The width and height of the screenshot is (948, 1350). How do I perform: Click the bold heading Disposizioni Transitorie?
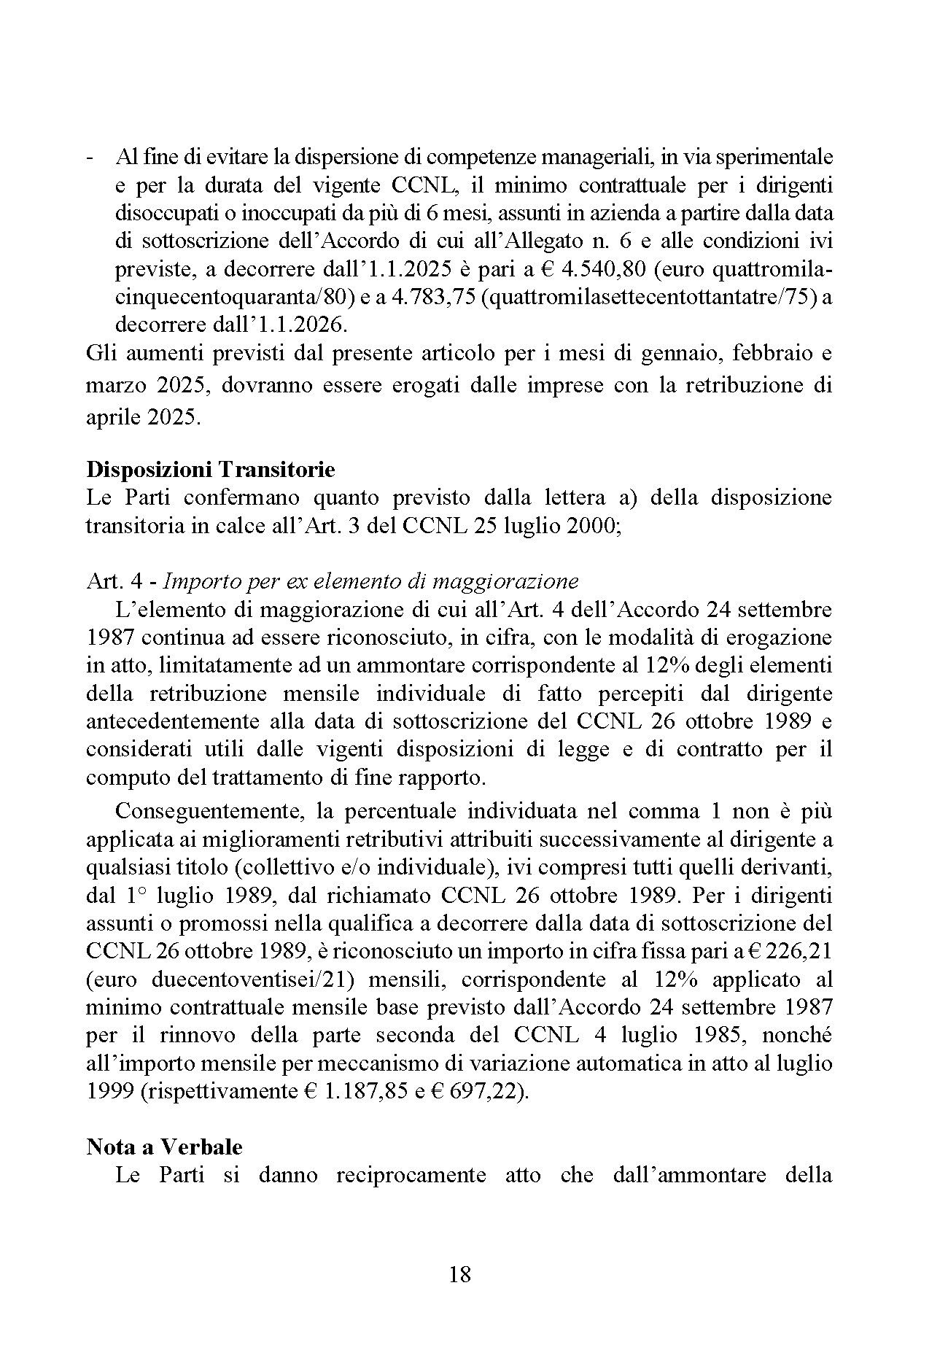pos(210,469)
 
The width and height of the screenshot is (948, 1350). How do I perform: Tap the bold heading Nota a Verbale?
pos(164,1147)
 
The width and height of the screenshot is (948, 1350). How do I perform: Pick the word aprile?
pos(114,419)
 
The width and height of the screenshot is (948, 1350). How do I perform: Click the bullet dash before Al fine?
pos(89,158)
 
